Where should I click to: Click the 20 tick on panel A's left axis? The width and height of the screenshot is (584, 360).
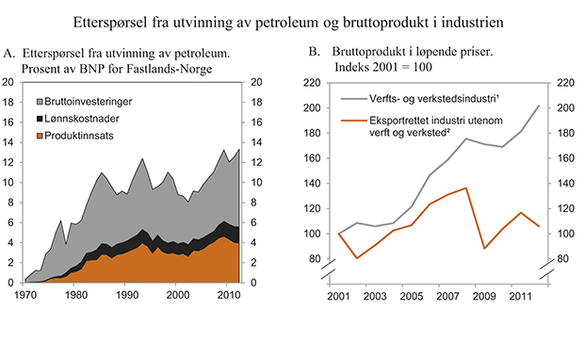coord(8,82)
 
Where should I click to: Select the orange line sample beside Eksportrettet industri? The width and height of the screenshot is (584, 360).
coord(355,121)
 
